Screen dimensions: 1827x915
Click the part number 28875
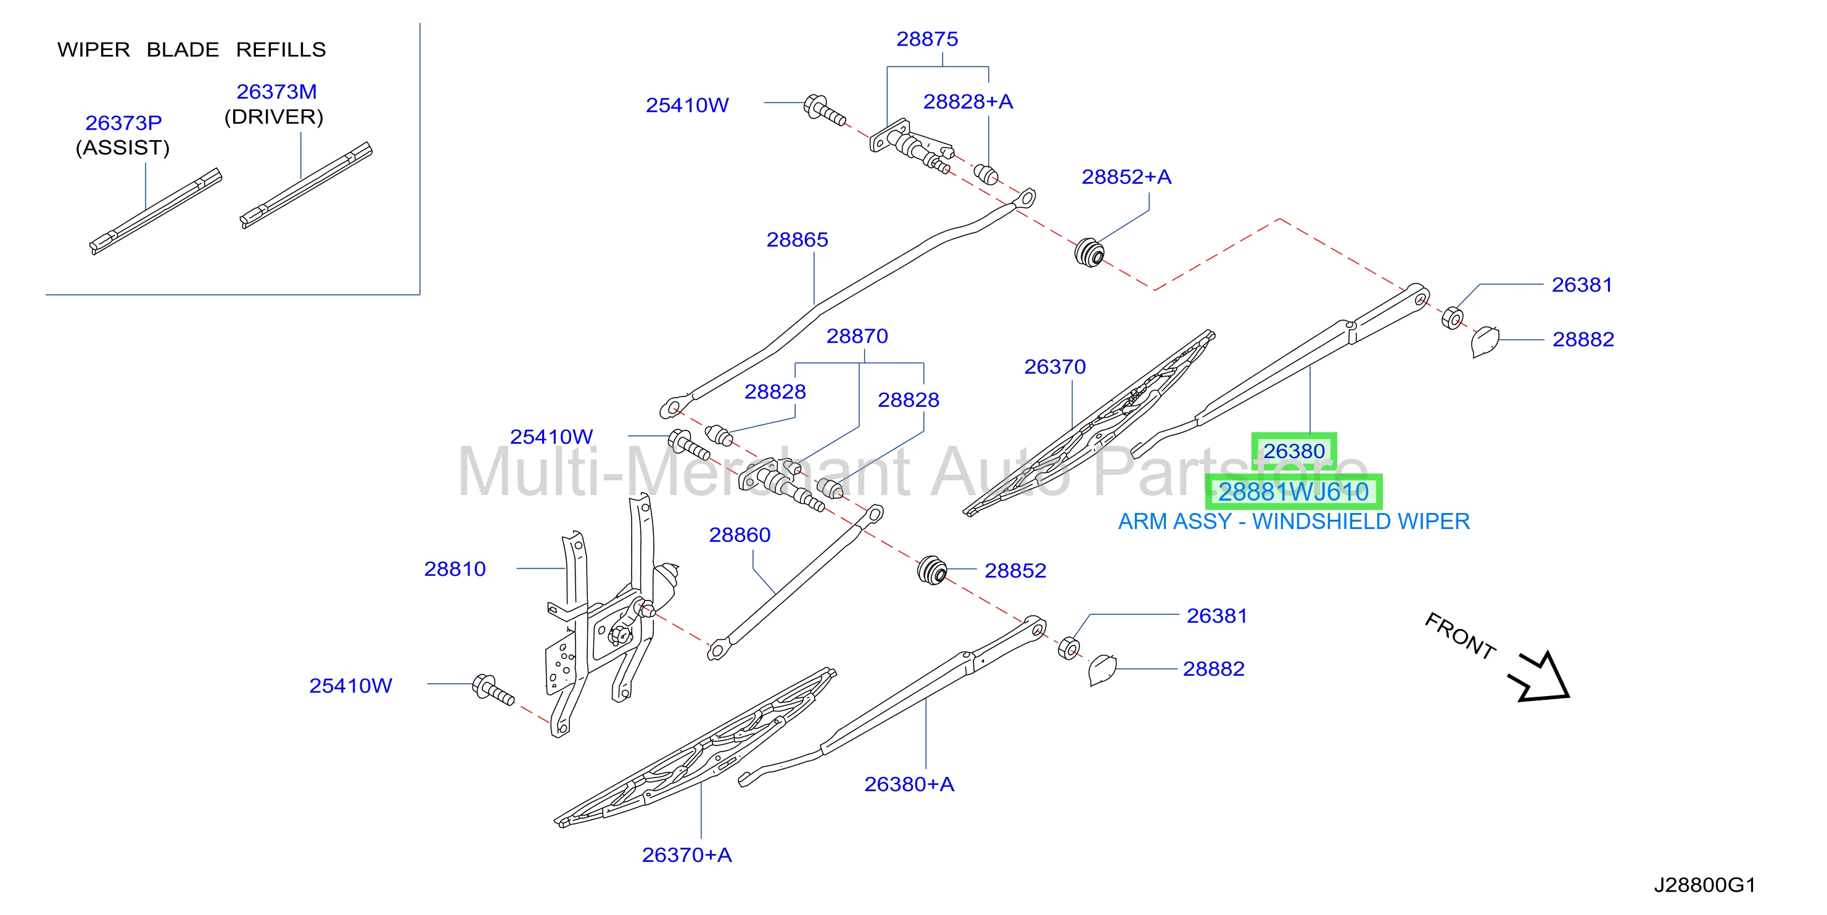tap(927, 39)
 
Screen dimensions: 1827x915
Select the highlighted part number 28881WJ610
tap(1293, 492)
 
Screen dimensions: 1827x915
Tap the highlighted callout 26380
tap(1293, 451)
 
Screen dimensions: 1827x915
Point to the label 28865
tap(797, 240)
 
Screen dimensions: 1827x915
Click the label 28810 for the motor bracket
tap(455, 568)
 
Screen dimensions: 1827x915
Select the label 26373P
tap(123, 123)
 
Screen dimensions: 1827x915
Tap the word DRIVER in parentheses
tap(274, 117)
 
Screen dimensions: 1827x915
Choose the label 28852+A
tap(1126, 176)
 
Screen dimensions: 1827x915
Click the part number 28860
tap(740, 535)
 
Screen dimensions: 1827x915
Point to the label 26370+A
tap(687, 855)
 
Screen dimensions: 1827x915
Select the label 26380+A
tap(909, 784)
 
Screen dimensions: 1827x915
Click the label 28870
tap(857, 336)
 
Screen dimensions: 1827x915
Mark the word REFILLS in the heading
tap(281, 49)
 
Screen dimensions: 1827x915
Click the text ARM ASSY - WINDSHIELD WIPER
tap(1293, 522)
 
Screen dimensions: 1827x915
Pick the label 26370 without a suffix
tap(1055, 366)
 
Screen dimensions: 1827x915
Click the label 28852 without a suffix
tap(1015, 570)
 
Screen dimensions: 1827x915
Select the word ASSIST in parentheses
tap(123, 147)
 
